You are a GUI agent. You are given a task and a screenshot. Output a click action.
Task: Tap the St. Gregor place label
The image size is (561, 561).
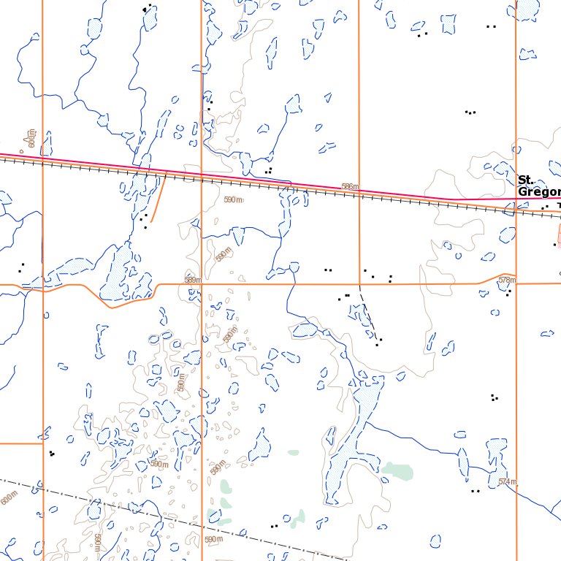[539, 186]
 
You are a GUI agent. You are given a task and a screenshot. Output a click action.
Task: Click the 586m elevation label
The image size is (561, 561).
[350, 187]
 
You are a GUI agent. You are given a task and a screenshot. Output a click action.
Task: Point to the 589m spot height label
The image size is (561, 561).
[192, 280]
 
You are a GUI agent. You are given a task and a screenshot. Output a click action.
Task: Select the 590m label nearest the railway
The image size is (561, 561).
[232, 199]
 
